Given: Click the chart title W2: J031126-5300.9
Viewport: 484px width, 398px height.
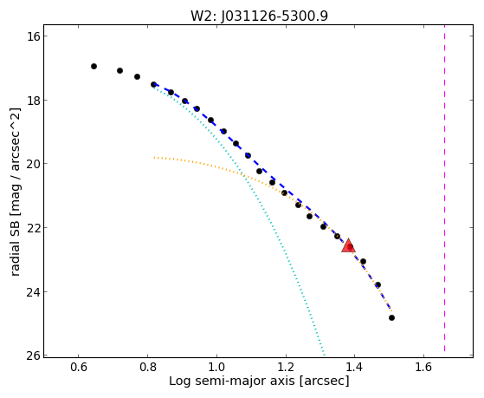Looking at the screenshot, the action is click(259, 16).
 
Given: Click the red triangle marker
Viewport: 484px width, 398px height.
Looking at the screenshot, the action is click(348, 245).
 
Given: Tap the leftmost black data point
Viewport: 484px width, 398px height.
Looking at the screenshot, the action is click(94, 66).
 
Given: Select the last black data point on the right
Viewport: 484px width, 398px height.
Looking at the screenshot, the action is click(391, 317).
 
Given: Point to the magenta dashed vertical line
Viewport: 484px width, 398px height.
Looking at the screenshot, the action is click(444, 188).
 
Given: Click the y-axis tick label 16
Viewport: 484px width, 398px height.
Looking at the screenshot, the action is click(33, 36).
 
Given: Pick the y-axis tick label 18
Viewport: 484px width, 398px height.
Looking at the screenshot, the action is click(33, 101).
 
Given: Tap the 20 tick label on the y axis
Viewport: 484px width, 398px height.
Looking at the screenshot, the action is click(33, 164).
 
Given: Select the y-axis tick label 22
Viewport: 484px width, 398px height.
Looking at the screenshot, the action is click(33, 228).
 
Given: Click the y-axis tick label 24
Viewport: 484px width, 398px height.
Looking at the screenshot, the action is click(33, 292).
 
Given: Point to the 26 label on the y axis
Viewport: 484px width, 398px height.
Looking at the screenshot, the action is click(33, 356).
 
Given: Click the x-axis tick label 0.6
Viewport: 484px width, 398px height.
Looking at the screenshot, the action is click(79, 368).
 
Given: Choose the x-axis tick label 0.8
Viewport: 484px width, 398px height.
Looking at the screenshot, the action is click(147, 368).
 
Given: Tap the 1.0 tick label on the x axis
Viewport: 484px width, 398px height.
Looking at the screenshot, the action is click(216, 368).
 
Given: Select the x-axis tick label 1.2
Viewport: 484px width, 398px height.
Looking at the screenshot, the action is click(286, 368).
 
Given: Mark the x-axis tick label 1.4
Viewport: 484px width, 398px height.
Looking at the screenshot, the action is click(355, 368).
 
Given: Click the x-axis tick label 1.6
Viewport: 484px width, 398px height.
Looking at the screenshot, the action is click(423, 368).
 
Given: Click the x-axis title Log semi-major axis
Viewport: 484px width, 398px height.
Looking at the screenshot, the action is click(232, 382).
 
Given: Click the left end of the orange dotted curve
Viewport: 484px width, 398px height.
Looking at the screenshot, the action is click(154, 158).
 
